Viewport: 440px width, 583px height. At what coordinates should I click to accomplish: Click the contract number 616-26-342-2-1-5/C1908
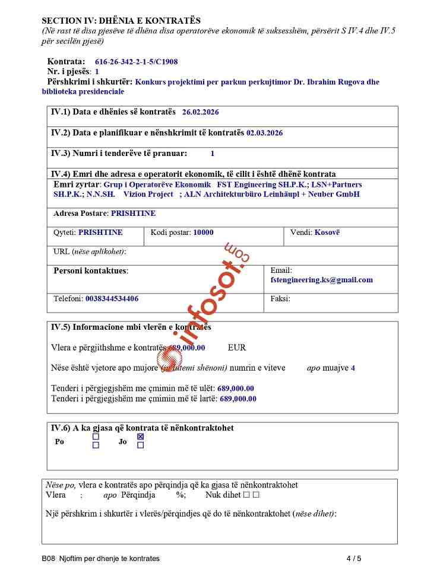tap(136, 62)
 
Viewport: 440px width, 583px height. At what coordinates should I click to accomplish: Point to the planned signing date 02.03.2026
tap(264, 133)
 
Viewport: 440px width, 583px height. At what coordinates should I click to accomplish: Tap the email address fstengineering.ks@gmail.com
tap(321, 280)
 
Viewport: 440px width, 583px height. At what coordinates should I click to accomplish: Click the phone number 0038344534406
tap(112, 299)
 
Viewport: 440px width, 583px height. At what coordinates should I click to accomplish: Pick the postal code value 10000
tap(203, 232)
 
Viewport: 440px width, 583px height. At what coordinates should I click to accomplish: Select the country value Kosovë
tap(327, 232)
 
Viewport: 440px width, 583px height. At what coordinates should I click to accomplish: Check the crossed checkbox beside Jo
tap(140, 437)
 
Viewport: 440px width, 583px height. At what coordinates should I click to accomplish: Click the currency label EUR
tap(236, 348)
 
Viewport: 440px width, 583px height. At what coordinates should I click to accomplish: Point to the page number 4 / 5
tap(353, 558)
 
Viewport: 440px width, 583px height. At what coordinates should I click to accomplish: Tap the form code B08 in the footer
tap(48, 558)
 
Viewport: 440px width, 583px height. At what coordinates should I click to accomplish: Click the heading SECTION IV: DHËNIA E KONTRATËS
tap(121, 21)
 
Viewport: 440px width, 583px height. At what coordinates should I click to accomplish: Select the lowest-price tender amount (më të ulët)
tap(236, 388)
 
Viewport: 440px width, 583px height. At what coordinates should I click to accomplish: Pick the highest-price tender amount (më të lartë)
tap(238, 399)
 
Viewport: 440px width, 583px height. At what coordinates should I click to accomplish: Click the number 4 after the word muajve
tap(353, 368)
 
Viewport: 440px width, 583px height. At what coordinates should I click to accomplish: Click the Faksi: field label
tap(280, 299)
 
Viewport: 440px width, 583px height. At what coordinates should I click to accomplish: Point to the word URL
tap(61, 251)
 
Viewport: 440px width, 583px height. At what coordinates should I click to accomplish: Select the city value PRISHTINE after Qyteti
tap(100, 232)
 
